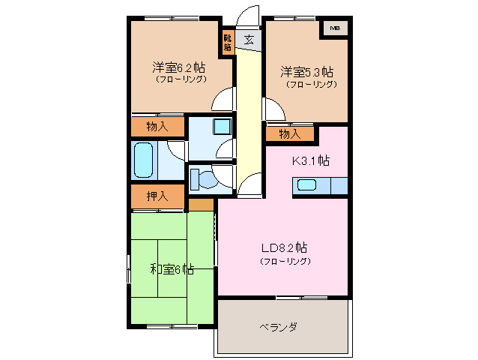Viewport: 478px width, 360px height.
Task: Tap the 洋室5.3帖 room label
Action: (307, 72)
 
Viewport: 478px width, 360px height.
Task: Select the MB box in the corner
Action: (335, 28)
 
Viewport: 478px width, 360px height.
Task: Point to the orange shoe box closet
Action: (227, 41)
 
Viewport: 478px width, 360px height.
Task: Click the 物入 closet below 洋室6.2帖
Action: (157, 127)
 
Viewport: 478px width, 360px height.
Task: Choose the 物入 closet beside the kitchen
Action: (290, 133)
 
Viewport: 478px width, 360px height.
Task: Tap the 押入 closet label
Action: (157, 196)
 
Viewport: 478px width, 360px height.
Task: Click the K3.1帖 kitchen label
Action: (310, 160)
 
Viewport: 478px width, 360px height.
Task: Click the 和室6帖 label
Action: (172, 268)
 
